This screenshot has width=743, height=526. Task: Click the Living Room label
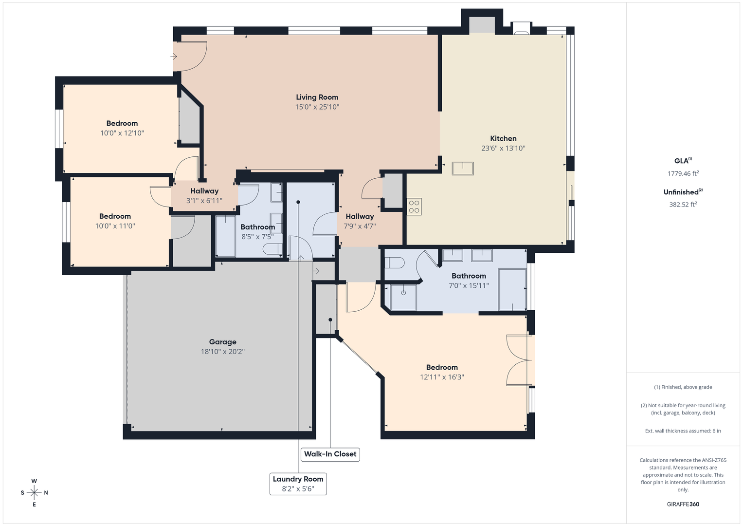pyautogui.click(x=317, y=97)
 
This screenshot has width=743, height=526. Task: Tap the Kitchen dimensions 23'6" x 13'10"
pyautogui.click(x=503, y=148)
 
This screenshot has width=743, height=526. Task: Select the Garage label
pyautogui.click(x=222, y=342)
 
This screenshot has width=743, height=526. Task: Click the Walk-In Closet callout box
pyautogui.click(x=330, y=454)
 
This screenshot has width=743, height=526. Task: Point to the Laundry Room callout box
pyautogui.click(x=298, y=484)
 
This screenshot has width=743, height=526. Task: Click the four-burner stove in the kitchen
pyautogui.click(x=414, y=206)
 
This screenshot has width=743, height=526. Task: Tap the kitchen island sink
pyautogui.click(x=463, y=169)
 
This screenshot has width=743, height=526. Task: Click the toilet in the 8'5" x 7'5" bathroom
pyautogui.click(x=272, y=249)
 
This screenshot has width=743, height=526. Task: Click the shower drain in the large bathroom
pyautogui.click(x=403, y=293)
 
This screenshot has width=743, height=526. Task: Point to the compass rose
pyautogui.click(x=34, y=492)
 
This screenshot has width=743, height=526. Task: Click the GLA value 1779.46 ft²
pyautogui.click(x=683, y=173)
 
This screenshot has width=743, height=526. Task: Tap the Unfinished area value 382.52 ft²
pyautogui.click(x=683, y=205)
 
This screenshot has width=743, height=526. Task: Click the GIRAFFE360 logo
pyautogui.click(x=683, y=504)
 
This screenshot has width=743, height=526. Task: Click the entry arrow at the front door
pyautogui.click(x=174, y=56)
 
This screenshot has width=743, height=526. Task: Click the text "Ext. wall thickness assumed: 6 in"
pyautogui.click(x=683, y=431)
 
